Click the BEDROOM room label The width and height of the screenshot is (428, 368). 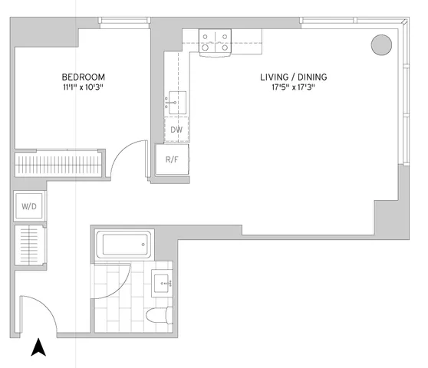pos(84,77)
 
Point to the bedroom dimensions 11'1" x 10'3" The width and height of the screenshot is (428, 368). pos(84,88)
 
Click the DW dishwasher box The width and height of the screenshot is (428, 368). pos(176,130)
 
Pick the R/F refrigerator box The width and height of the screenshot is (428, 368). pos(172,160)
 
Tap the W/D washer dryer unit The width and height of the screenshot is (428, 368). pos(28,206)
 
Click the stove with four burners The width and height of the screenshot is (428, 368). pos(215,42)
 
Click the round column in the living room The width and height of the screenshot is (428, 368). pos(380,44)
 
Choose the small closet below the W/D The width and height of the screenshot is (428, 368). pos(29,245)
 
